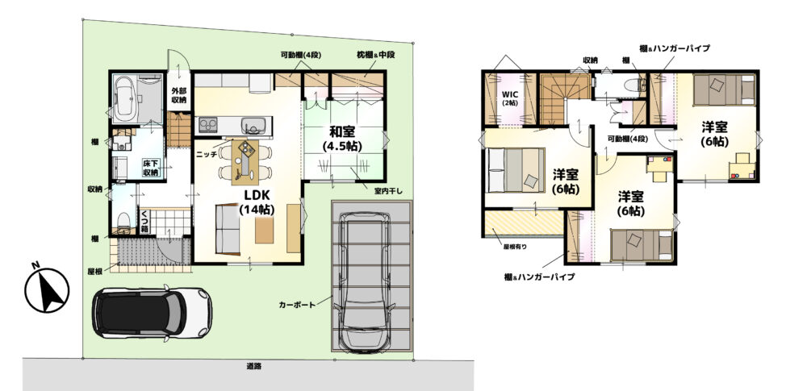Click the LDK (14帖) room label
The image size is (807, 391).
click(257, 202)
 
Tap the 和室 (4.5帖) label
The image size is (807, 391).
click(342, 138)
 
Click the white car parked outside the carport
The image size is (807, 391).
click(152, 313)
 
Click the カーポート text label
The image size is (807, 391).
click(297, 305)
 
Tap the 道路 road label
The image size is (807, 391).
click(253, 367)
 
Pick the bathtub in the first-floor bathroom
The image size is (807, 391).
click(127, 98)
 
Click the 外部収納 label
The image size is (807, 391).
click(178, 96)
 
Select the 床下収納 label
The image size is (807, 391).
click(151, 168)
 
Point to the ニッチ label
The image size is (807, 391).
click(205, 153)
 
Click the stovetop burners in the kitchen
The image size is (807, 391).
click(208, 125)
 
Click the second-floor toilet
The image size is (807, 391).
click(632, 85)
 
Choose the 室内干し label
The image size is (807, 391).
click(388, 191)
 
